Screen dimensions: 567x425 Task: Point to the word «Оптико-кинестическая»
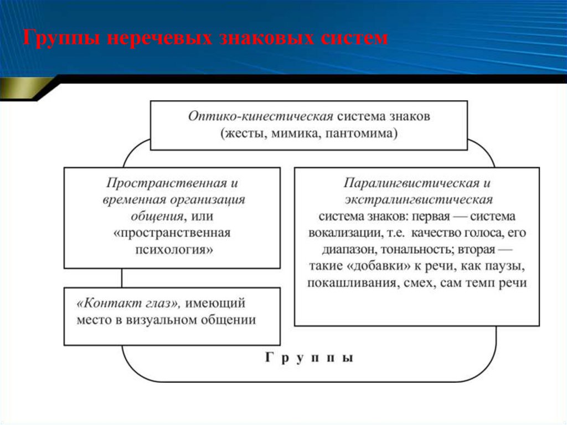(261, 117)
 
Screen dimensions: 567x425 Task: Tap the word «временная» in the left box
(133, 199)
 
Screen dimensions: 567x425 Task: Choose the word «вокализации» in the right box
(340, 233)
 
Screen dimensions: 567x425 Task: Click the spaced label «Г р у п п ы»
(308, 358)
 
